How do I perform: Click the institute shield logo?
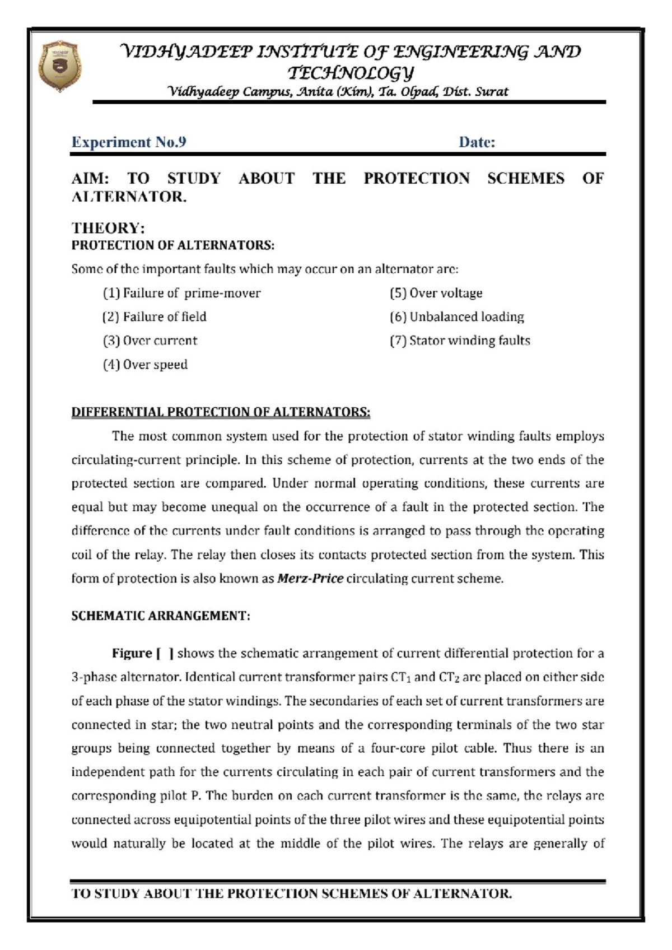click(x=60, y=66)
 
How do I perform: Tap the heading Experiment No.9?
click(x=129, y=142)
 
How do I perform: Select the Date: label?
click(x=477, y=142)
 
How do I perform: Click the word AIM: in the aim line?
click(x=90, y=179)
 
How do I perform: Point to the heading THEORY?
click(x=108, y=228)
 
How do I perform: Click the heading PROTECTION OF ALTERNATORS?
click(x=172, y=245)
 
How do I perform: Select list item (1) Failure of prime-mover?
click(x=181, y=293)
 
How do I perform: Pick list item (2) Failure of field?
click(x=155, y=317)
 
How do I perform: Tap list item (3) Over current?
click(x=150, y=341)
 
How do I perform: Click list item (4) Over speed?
click(x=145, y=365)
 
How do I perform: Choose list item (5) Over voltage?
click(x=436, y=293)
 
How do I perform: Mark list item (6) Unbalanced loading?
click(x=456, y=317)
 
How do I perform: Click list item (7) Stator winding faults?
click(x=460, y=341)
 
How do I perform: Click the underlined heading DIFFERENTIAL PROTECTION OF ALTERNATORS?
click(x=221, y=412)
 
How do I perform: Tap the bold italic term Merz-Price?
click(x=310, y=579)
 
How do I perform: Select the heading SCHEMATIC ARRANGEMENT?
click(x=161, y=616)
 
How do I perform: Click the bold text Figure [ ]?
click(x=142, y=654)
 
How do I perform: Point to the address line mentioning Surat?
click(x=338, y=92)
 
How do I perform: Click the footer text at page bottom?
click(x=291, y=893)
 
